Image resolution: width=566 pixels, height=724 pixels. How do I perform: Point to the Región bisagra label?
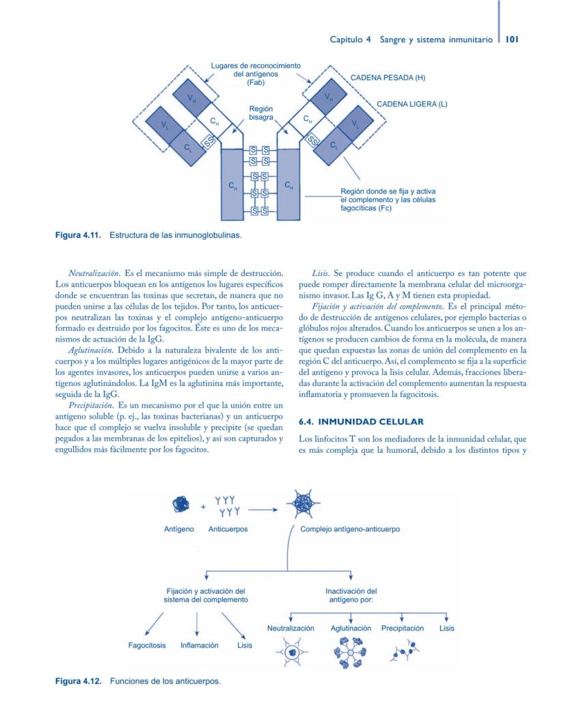click(261, 113)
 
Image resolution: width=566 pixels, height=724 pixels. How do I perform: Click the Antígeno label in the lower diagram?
click(179, 529)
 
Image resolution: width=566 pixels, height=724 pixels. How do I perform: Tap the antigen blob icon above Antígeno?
click(179, 504)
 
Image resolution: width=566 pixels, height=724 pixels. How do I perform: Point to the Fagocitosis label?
click(147, 645)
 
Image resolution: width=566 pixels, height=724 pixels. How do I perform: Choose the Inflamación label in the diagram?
click(199, 645)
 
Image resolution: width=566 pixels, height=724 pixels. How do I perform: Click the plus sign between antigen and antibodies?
click(203, 508)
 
